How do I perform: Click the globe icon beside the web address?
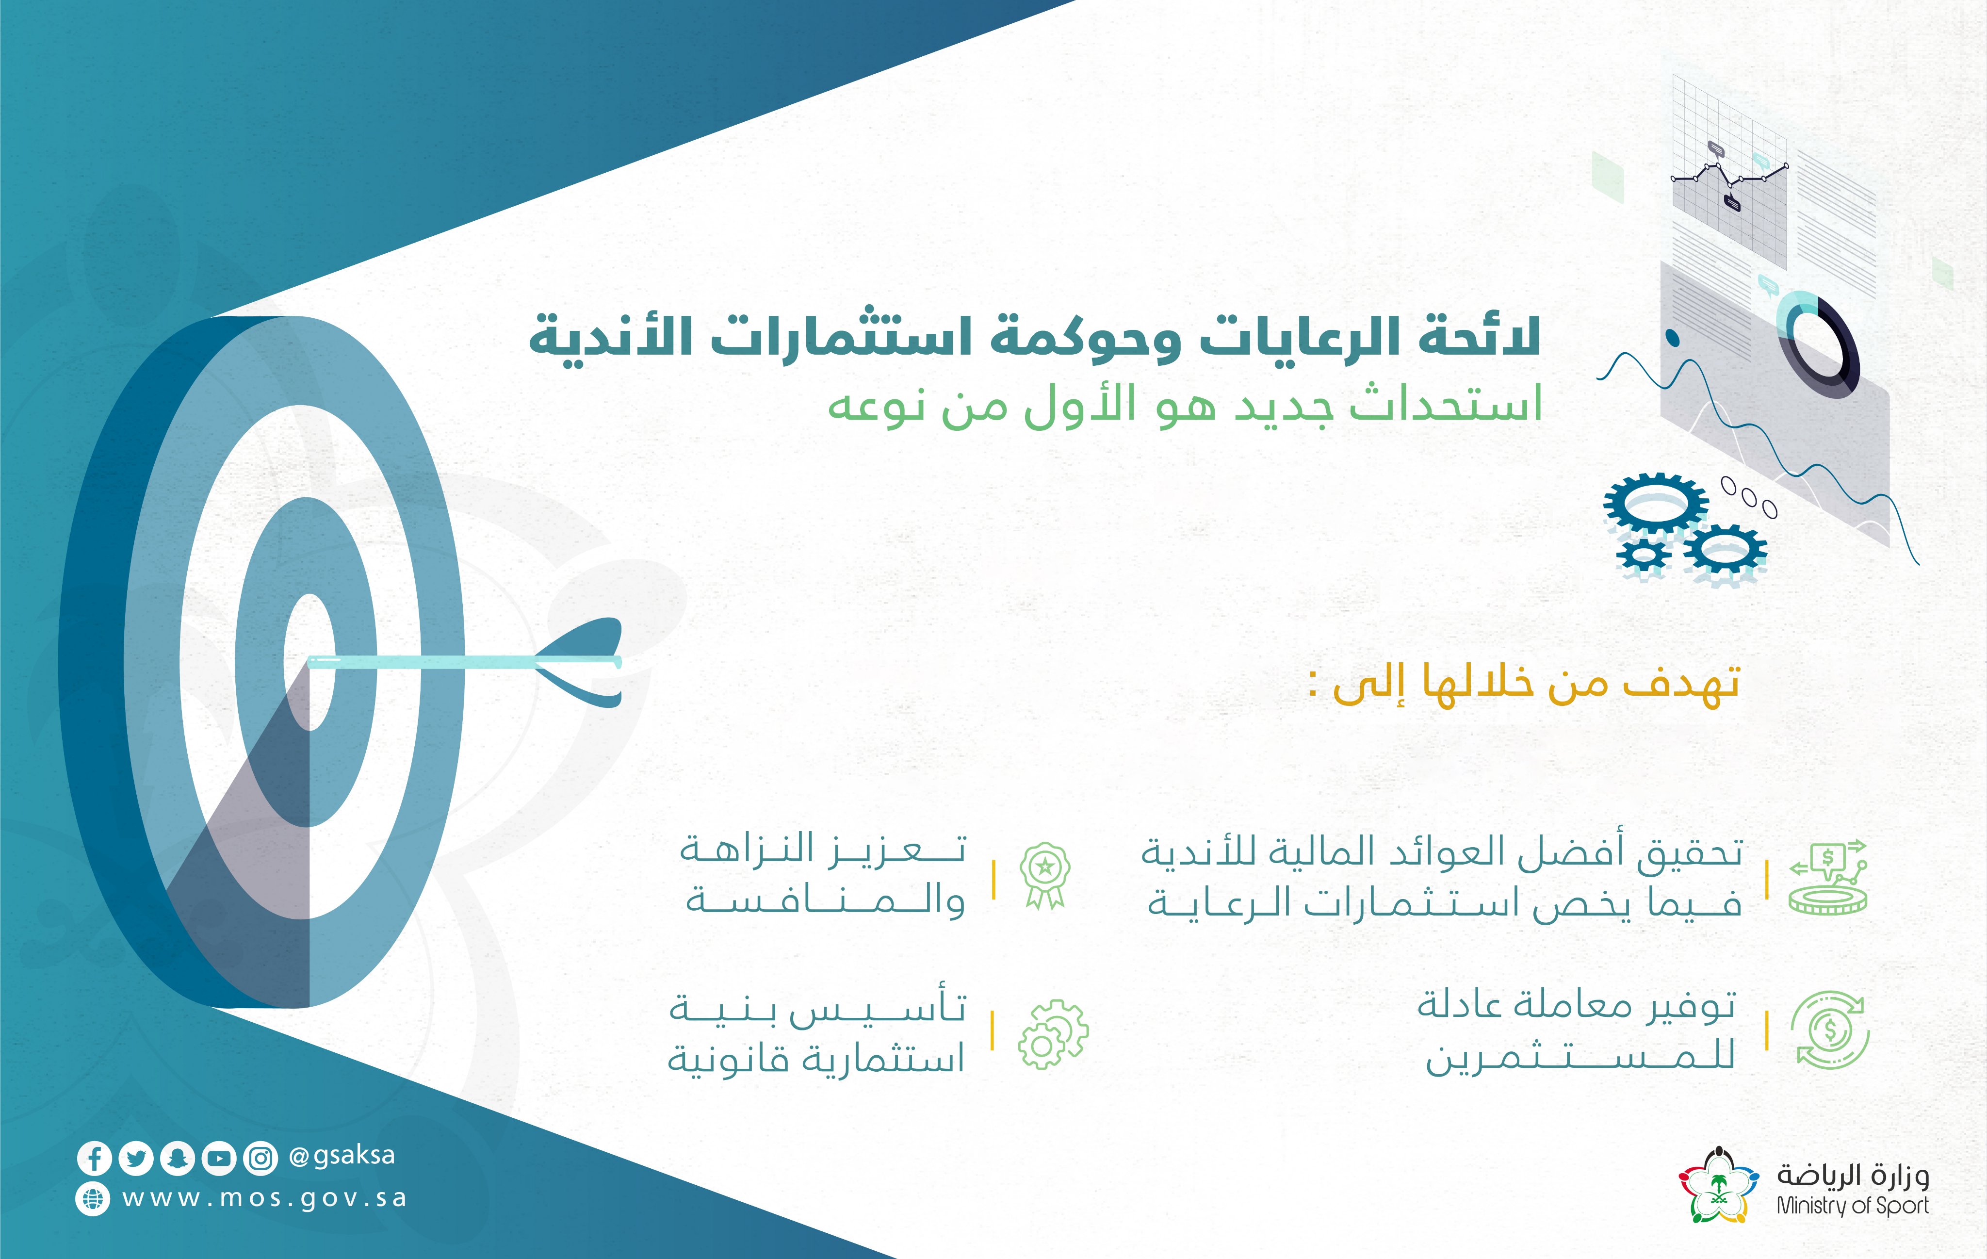pos(93,1199)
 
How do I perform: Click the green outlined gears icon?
pos(1053,1034)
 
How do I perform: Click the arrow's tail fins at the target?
pos(582,662)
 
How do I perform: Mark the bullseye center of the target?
pos(309,662)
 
